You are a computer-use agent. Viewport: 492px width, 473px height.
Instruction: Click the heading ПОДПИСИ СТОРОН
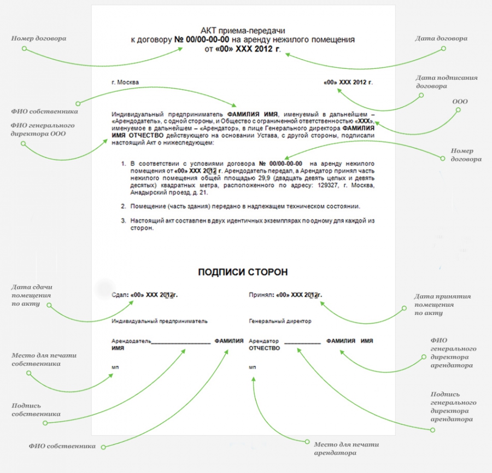(x=243, y=272)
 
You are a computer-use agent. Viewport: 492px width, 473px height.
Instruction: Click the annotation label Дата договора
(x=441, y=39)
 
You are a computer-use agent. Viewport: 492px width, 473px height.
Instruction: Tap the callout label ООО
(x=460, y=101)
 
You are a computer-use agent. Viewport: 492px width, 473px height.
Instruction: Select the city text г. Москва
(x=125, y=82)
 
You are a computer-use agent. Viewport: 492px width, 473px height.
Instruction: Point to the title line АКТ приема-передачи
(x=243, y=31)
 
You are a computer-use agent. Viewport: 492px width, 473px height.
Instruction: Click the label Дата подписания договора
(x=447, y=81)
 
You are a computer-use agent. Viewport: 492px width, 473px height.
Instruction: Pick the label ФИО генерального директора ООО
(x=43, y=129)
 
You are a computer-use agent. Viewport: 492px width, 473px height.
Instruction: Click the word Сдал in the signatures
(x=119, y=295)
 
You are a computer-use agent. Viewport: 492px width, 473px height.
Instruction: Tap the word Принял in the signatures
(x=260, y=295)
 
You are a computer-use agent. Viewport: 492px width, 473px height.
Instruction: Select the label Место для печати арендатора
(x=347, y=448)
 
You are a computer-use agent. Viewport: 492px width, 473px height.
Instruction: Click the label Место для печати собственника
(x=44, y=359)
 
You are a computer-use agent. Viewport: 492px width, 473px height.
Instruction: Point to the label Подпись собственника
(x=36, y=410)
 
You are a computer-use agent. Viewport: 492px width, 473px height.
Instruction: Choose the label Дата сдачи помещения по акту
(x=32, y=295)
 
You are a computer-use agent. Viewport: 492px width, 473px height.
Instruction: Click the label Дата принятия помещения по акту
(x=442, y=305)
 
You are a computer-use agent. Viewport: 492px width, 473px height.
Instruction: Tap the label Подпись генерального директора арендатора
(x=453, y=406)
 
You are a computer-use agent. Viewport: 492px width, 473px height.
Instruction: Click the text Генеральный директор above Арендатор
(x=280, y=321)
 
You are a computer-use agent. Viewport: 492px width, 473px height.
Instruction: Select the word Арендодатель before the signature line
(x=131, y=341)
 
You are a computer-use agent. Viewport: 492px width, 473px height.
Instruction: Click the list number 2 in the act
(x=124, y=207)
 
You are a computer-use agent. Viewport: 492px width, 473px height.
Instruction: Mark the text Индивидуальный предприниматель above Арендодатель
(x=160, y=321)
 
